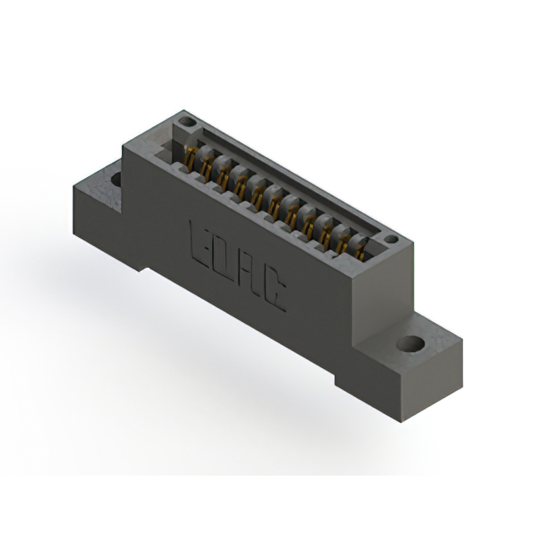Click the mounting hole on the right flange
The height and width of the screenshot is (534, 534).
pos(409,344)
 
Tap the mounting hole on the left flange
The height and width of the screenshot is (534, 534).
pos(115,179)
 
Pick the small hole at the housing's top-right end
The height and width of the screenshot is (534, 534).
pos(390,239)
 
